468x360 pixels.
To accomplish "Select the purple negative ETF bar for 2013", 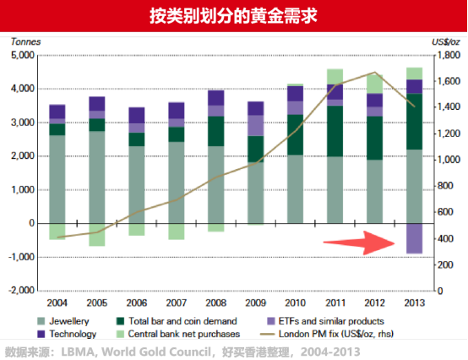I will (414, 238).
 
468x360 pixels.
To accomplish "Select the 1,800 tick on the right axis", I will (444, 56).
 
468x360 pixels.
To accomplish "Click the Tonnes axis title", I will (24, 40).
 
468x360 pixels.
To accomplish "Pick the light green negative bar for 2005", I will (97, 234).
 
